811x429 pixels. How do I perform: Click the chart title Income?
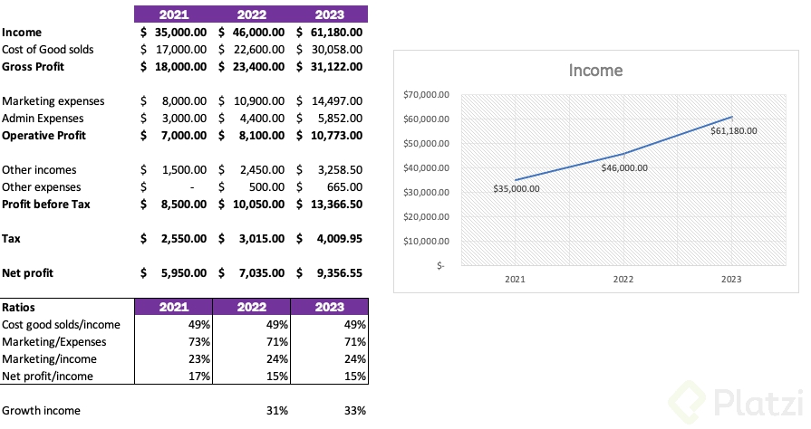[595, 71]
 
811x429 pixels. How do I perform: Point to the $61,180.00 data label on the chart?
[733, 130]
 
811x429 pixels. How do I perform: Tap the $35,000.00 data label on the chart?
[516, 189]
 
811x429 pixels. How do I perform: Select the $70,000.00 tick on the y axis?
[426, 95]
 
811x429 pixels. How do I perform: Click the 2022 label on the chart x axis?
[623, 280]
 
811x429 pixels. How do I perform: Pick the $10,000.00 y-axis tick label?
[426, 241]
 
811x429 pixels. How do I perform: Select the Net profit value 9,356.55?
[337, 272]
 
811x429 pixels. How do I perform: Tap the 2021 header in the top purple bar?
[173, 14]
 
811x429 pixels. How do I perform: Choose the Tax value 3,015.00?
[259, 238]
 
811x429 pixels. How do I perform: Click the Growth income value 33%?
[355, 411]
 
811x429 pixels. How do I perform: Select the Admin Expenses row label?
[43, 118]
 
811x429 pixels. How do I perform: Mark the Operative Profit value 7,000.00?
[181, 135]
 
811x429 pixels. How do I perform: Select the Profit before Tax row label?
[45, 204]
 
